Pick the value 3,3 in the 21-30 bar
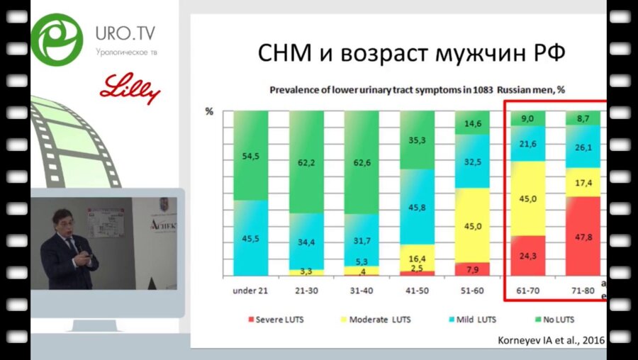click(x=308, y=271)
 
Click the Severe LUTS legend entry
click(x=276, y=320)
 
